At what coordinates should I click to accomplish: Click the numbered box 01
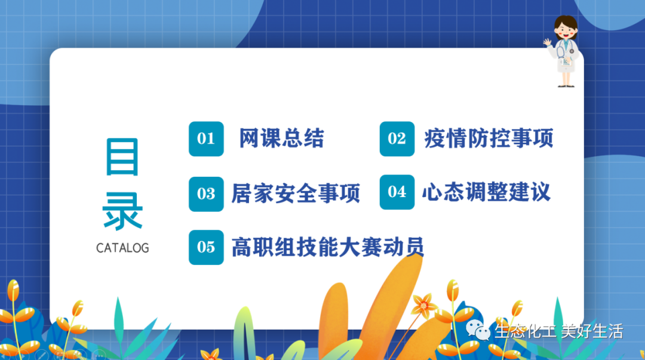click(206, 139)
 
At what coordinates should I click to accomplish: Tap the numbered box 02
click(397, 139)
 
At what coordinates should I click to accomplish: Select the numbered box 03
click(206, 194)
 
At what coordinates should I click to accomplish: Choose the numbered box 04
click(397, 192)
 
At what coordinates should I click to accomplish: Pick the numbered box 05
click(206, 247)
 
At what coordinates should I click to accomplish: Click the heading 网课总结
click(282, 139)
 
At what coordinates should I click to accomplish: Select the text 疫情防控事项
click(489, 139)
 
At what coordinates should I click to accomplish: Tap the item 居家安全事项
click(296, 193)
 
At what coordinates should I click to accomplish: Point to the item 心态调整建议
click(486, 192)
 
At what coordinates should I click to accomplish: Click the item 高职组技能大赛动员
click(328, 247)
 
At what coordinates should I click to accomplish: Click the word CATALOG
click(122, 248)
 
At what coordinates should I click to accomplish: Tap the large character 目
click(122, 157)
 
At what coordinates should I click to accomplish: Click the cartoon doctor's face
click(566, 30)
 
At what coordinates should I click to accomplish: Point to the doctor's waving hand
click(548, 42)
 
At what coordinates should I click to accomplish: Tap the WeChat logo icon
click(478, 330)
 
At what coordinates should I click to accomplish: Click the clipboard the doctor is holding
click(566, 61)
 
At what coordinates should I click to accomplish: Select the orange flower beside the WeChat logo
click(423, 305)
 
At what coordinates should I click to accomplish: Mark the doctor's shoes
click(566, 85)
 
